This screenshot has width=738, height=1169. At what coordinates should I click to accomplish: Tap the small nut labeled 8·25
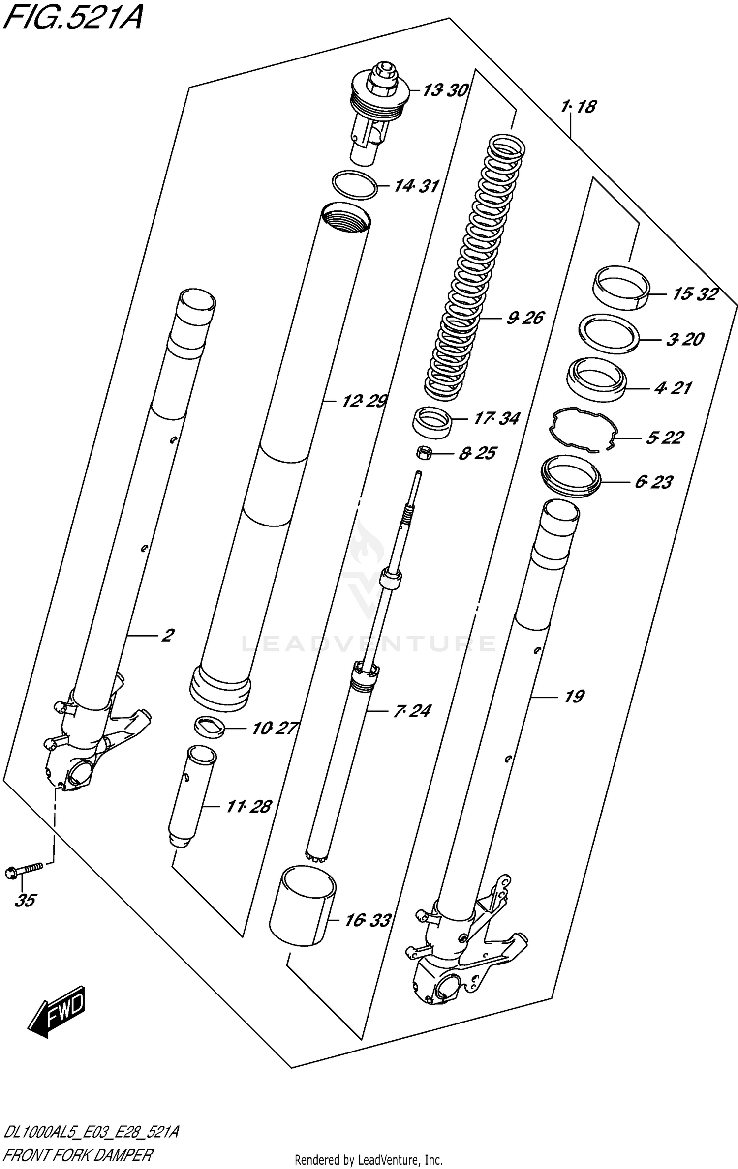click(423, 453)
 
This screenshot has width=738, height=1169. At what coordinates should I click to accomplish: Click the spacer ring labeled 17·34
click(432, 422)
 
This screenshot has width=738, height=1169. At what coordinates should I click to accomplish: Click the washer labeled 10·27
click(210, 727)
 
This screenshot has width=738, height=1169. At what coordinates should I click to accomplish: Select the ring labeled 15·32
click(620, 288)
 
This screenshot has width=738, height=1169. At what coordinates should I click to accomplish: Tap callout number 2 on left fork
click(167, 635)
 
